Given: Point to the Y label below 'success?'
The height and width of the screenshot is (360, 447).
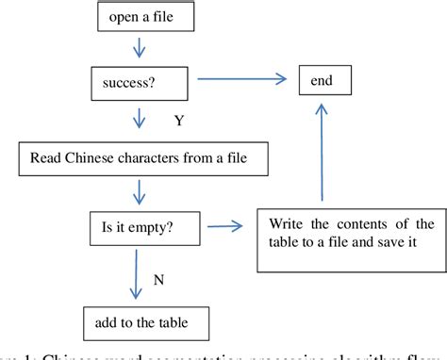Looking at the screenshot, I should (x=179, y=120).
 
